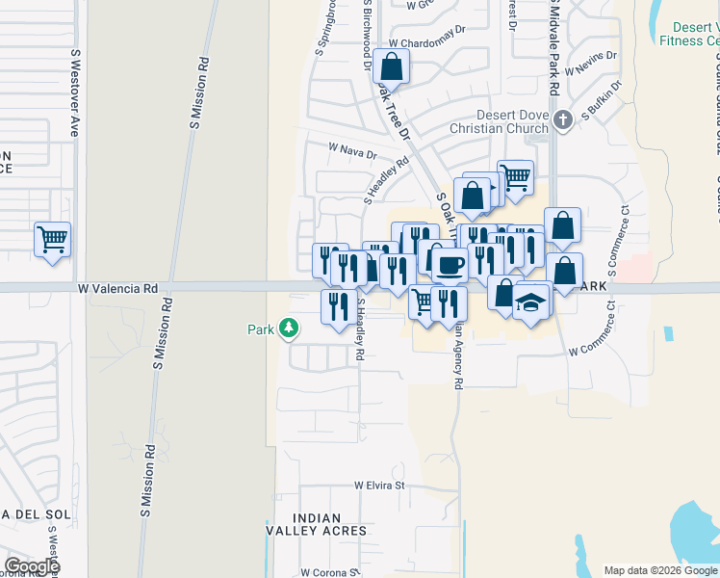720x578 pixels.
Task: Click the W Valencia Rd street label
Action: [x=119, y=288]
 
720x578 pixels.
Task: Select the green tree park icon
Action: [x=288, y=329]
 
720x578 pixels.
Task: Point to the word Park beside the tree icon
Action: [x=261, y=329]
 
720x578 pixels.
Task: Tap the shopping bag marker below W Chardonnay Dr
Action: [x=392, y=67]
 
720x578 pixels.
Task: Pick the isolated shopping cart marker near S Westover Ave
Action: [x=52, y=239]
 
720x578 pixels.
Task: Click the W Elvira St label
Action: [x=379, y=486]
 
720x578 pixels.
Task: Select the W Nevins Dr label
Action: [x=590, y=69]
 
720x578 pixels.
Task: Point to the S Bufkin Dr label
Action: [x=604, y=98]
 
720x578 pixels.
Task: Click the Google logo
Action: [x=32, y=566]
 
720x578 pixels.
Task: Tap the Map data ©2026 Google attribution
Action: [x=660, y=570]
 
